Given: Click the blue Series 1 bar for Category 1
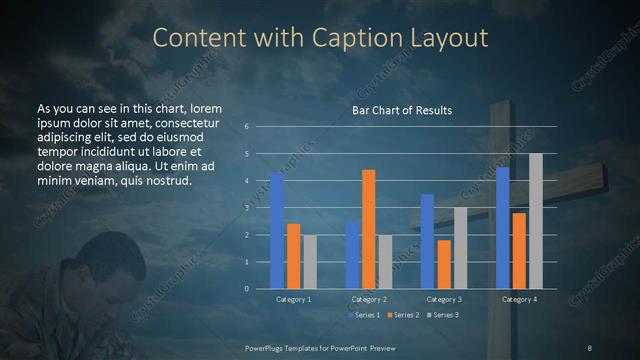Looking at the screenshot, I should [277, 231].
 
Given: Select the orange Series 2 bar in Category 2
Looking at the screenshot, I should [369, 229].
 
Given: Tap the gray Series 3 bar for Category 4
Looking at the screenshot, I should [536, 221].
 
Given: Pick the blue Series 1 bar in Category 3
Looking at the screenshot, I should [427, 241].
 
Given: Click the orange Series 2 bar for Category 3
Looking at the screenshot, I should [444, 264].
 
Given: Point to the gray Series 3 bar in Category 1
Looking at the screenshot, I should [310, 262].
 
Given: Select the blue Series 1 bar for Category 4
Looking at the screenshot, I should [502, 228].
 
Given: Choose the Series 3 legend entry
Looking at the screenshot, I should [445, 316].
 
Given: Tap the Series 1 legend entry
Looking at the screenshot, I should [363, 316].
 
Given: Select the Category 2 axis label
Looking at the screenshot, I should [368, 299].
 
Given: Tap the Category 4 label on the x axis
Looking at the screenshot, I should [518, 299].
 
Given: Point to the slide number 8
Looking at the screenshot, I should [590, 347].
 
